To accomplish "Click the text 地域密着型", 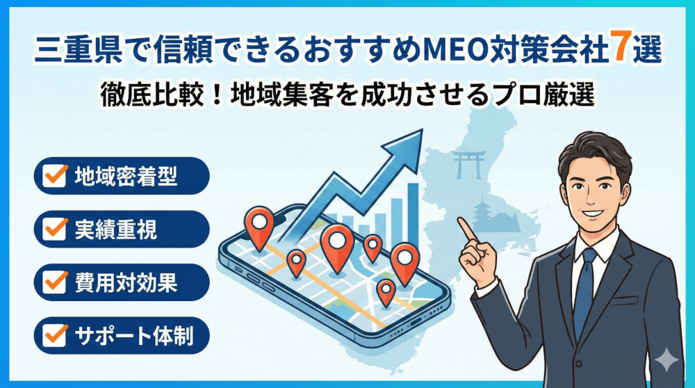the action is coord(126,176).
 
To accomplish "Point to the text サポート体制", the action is coord(134,336).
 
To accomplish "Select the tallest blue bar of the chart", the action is coord(413,213).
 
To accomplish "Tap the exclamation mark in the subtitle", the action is coord(217,95).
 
